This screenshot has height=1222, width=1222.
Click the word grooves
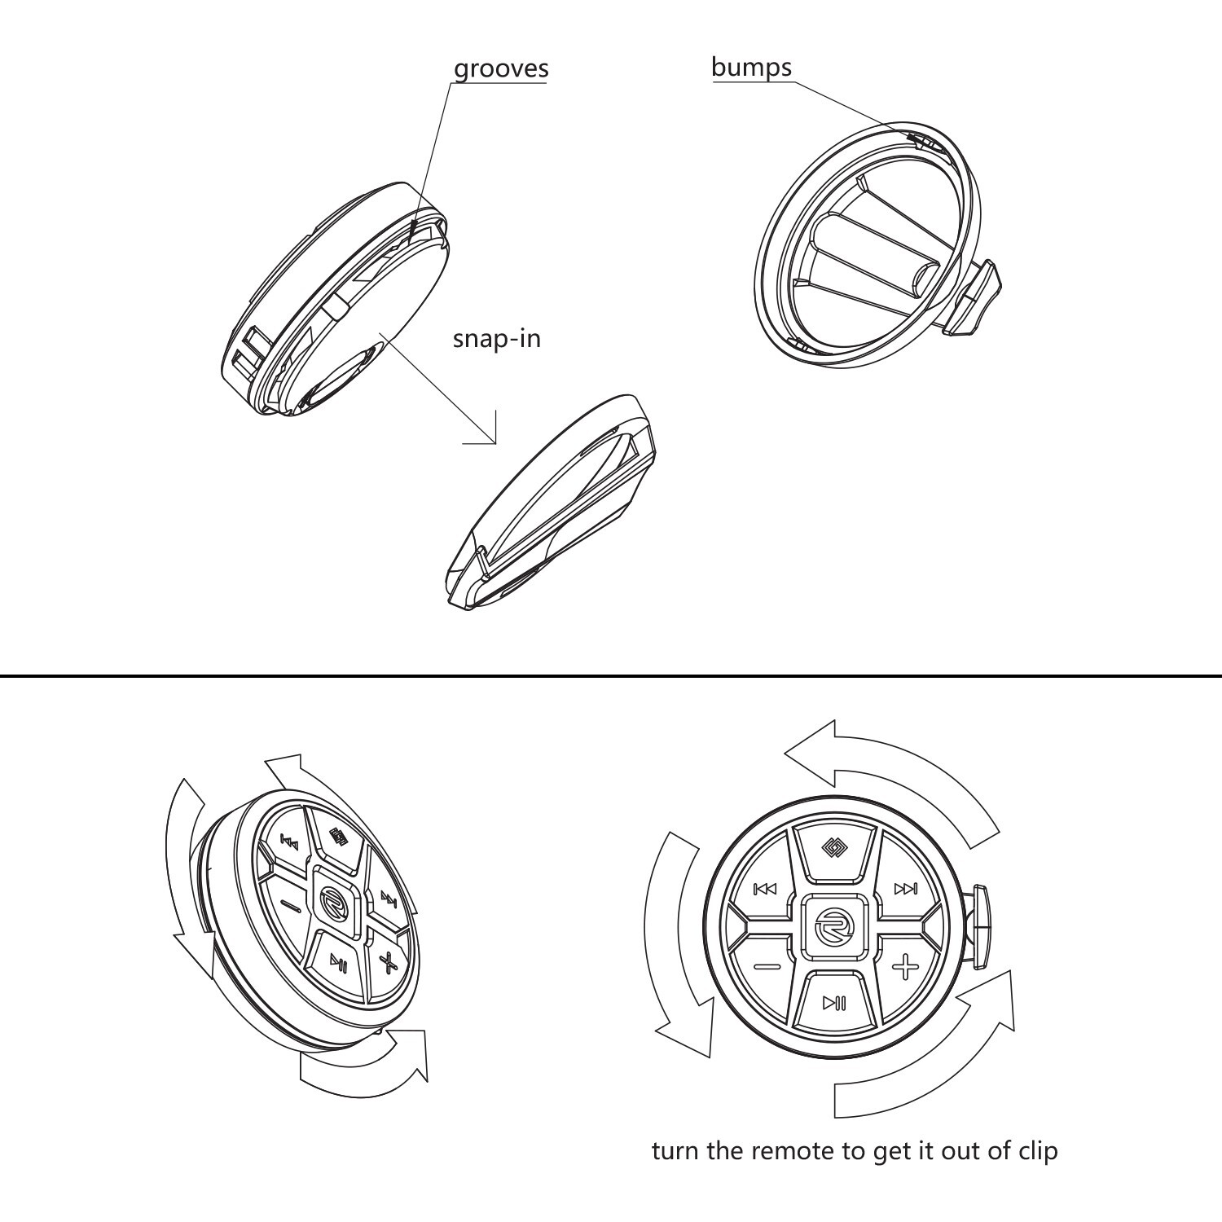point(500,68)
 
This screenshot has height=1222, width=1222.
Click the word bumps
point(750,67)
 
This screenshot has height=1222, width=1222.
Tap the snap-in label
point(496,338)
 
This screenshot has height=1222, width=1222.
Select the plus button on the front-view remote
point(904,968)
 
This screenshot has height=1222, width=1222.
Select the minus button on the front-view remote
point(767,967)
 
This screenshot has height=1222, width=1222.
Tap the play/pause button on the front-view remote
point(834,1003)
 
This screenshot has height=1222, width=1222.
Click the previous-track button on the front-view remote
point(765,889)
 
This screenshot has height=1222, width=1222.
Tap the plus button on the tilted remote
point(389,961)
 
